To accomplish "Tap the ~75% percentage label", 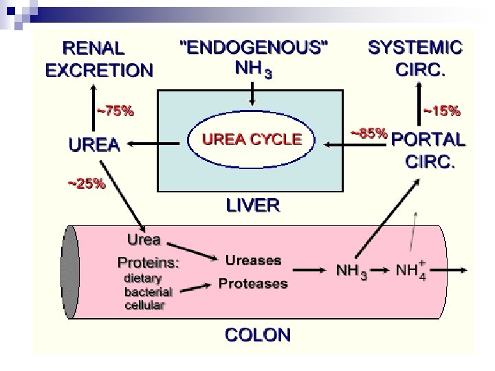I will (x=114, y=110).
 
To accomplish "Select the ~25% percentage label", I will (x=86, y=183).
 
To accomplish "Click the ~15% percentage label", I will (x=441, y=109).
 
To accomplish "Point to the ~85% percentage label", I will (x=368, y=132).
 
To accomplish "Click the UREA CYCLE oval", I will (x=251, y=139).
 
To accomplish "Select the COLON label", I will (x=258, y=335).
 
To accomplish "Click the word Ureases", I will (x=253, y=260).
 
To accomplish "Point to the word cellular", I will (x=144, y=305).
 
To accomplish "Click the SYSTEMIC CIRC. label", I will (x=415, y=58).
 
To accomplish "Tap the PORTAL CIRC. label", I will (x=428, y=151).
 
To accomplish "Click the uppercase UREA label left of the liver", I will (x=93, y=145).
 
